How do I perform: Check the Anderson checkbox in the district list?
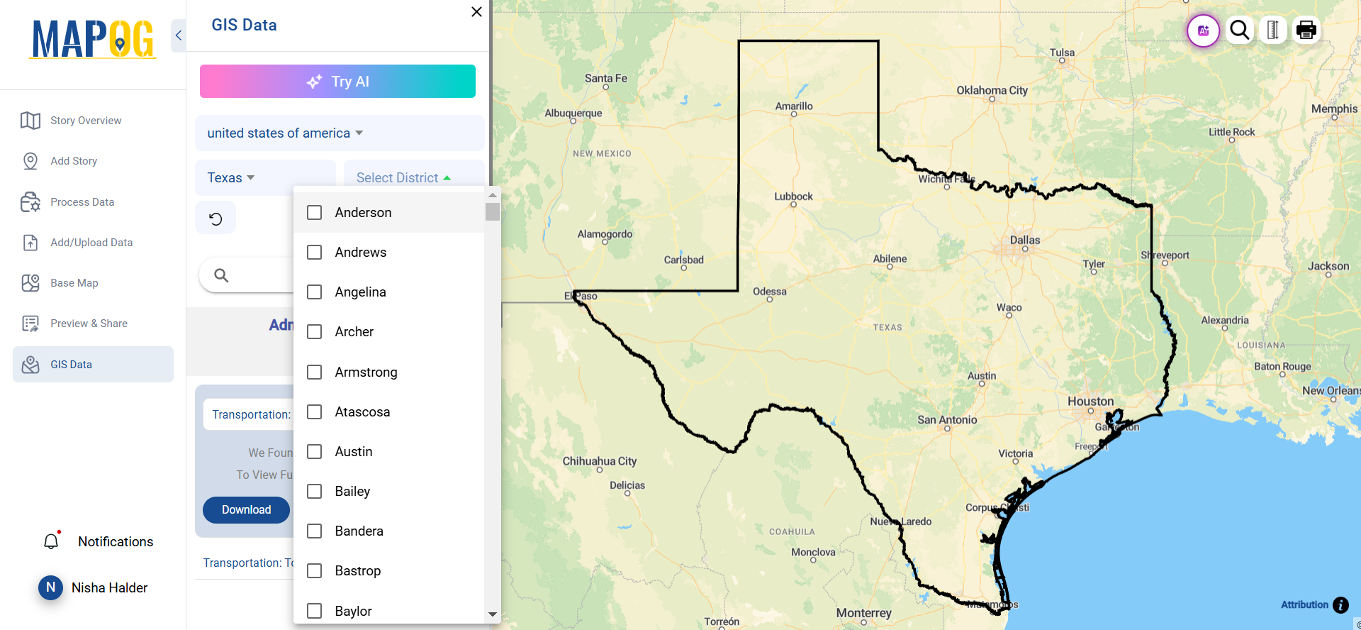(x=314, y=213)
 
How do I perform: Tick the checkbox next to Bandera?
(x=314, y=531)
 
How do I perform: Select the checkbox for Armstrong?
(x=314, y=372)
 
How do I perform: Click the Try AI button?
(x=337, y=82)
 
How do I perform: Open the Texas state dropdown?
(x=231, y=178)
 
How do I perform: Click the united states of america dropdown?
(x=285, y=133)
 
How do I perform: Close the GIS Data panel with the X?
(x=476, y=12)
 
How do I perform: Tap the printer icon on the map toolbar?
(x=1306, y=31)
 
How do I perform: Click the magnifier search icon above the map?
(x=1240, y=31)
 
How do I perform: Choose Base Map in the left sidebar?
(x=74, y=283)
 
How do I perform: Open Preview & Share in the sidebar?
(x=89, y=324)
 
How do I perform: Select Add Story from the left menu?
(x=74, y=161)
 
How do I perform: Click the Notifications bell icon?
(x=51, y=542)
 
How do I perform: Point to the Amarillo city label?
(x=794, y=106)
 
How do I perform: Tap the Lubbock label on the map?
(x=793, y=197)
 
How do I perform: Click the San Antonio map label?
(x=947, y=420)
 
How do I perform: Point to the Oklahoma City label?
(x=992, y=91)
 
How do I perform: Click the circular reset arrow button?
(x=215, y=219)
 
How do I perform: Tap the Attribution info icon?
(x=1340, y=605)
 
